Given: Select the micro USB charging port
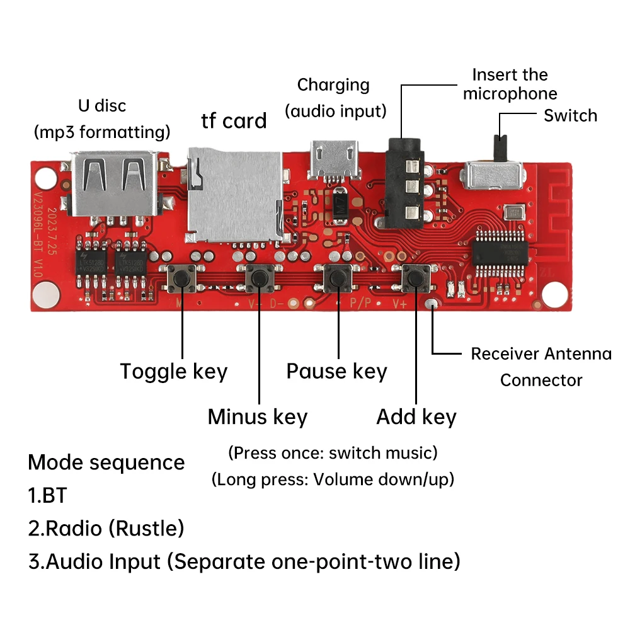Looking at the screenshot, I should pyautogui.click(x=333, y=159).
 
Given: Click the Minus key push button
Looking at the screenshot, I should pyautogui.click(x=259, y=277).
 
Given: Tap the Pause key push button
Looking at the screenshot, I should pyautogui.click(x=338, y=277).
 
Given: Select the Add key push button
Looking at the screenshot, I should pyautogui.click(x=415, y=277).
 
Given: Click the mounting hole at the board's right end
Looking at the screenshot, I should pyautogui.click(x=556, y=292).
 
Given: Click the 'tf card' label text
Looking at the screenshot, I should pyautogui.click(x=234, y=120).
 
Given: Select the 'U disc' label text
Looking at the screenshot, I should pyautogui.click(x=102, y=105).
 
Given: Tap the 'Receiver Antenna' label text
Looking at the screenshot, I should pyautogui.click(x=541, y=354).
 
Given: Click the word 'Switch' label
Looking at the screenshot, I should pyautogui.click(x=570, y=116).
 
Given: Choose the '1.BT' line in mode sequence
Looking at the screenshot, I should pyautogui.click(x=47, y=495).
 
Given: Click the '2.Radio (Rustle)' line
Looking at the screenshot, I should pyautogui.click(x=106, y=528).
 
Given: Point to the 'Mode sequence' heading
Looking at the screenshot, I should pyautogui.click(x=106, y=462).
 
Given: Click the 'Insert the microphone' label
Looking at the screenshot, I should pyautogui.click(x=510, y=84).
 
